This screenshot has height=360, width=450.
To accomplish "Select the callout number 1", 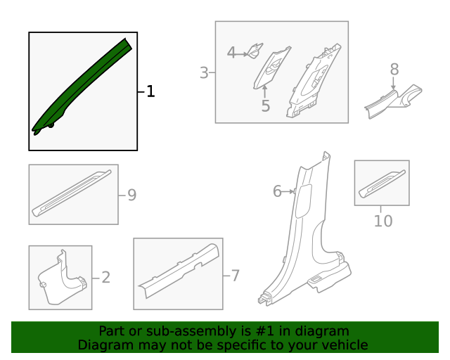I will (x=150, y=92).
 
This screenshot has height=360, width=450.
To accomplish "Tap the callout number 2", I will (x=105, y=278).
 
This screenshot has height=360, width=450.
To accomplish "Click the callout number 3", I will (x=204, y=72).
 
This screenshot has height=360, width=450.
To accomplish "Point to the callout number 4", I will (x=231, y=52).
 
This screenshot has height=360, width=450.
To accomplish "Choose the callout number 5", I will (x=265, y=106).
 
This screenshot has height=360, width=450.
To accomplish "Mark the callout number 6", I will (x=277, y=191).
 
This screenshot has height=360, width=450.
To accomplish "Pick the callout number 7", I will (x=235, y=276).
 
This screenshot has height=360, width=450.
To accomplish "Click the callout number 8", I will (x=394, y=69).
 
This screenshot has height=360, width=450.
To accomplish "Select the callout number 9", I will (x=131, y=195).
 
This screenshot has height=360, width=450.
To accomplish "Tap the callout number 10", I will (x=382, y=221).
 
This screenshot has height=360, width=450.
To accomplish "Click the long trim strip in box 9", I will (x=72, y=192).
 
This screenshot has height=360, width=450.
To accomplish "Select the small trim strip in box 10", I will (x=382, y=182).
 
